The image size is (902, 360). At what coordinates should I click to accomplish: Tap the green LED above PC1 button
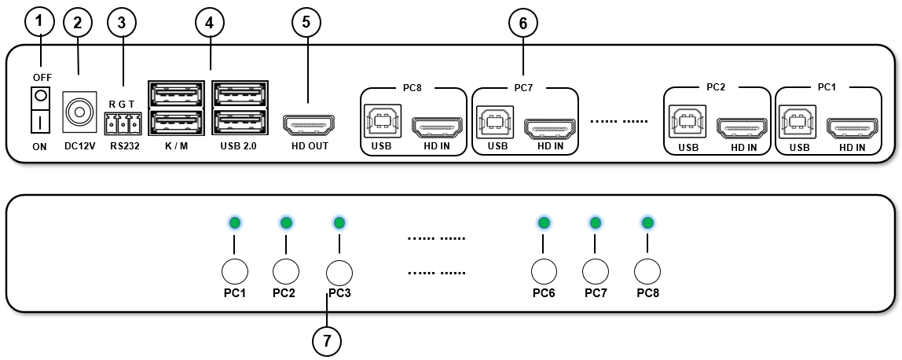234,223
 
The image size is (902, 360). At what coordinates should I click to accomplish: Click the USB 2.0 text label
240,145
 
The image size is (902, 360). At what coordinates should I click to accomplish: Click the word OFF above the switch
42,76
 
